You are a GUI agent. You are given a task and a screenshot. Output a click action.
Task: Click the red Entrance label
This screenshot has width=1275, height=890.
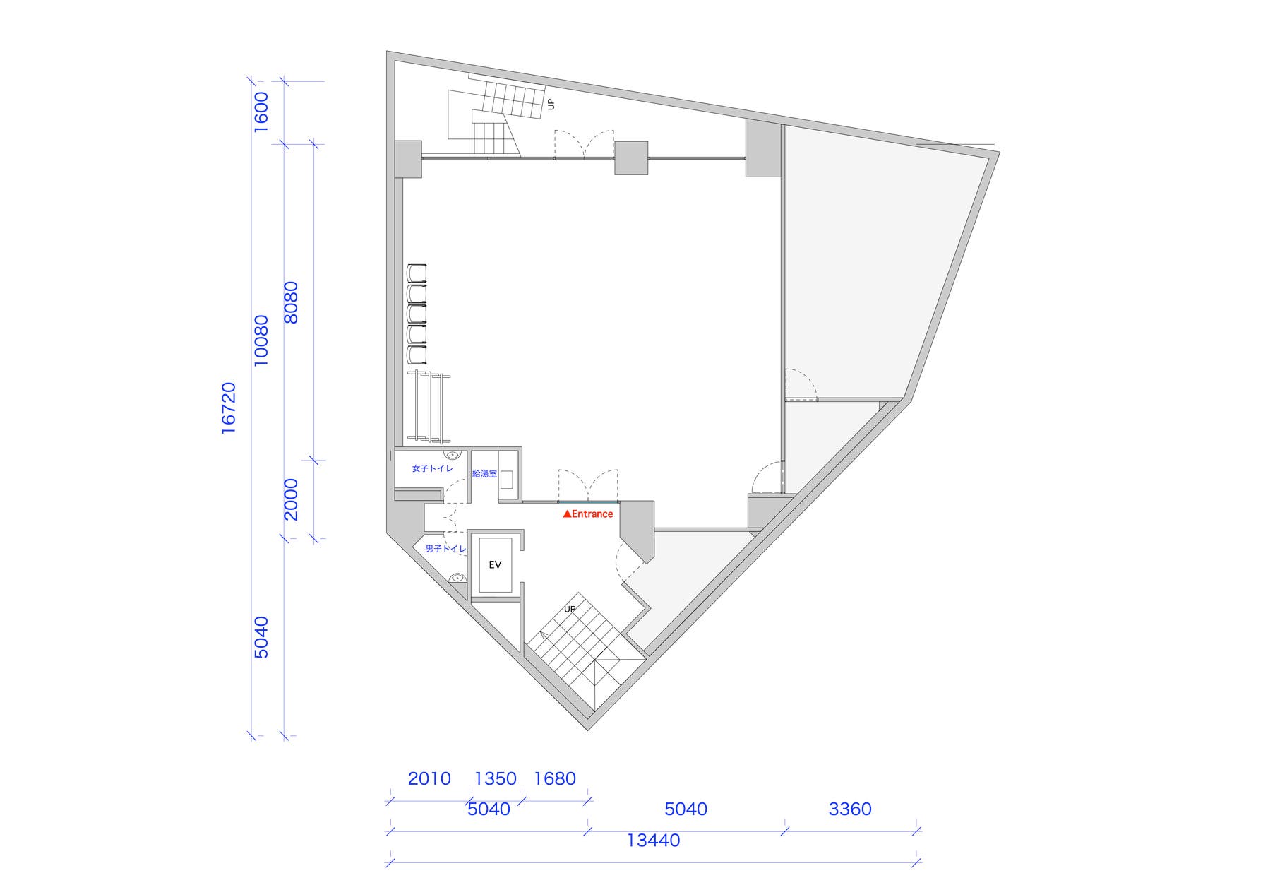588,514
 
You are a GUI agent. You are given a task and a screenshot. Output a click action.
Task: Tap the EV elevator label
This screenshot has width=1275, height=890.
495,564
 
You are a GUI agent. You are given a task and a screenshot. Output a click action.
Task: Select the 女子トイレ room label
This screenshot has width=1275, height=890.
432,468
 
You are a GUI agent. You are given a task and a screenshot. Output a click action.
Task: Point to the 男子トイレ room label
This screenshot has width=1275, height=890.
445,549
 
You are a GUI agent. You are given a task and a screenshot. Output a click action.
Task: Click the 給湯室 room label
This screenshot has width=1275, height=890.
484,473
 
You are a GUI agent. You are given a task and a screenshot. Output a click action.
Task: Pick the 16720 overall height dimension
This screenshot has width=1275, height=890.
228,408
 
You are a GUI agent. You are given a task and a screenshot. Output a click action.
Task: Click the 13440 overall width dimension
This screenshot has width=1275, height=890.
653,840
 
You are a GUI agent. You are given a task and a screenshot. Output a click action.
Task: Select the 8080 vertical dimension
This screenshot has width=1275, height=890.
290,302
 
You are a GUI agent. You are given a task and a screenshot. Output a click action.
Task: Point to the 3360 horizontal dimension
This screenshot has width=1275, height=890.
850,809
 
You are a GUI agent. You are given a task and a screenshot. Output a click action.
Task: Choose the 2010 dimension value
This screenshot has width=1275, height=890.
429,778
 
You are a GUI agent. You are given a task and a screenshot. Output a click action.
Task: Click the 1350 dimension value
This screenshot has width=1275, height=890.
496,778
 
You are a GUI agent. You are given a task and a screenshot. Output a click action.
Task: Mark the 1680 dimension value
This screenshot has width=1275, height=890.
555,778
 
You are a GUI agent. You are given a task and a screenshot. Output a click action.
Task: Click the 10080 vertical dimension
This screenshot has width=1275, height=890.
261,340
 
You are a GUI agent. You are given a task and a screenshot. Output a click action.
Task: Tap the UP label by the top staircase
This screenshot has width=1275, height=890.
551,104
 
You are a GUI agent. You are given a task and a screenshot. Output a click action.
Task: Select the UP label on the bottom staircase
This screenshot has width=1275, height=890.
570,609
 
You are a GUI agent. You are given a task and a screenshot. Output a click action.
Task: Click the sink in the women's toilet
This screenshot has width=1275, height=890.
452,455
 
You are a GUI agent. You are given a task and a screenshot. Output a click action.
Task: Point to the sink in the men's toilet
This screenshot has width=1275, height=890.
457,578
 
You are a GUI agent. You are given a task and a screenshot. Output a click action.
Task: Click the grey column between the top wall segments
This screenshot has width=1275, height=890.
631,158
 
